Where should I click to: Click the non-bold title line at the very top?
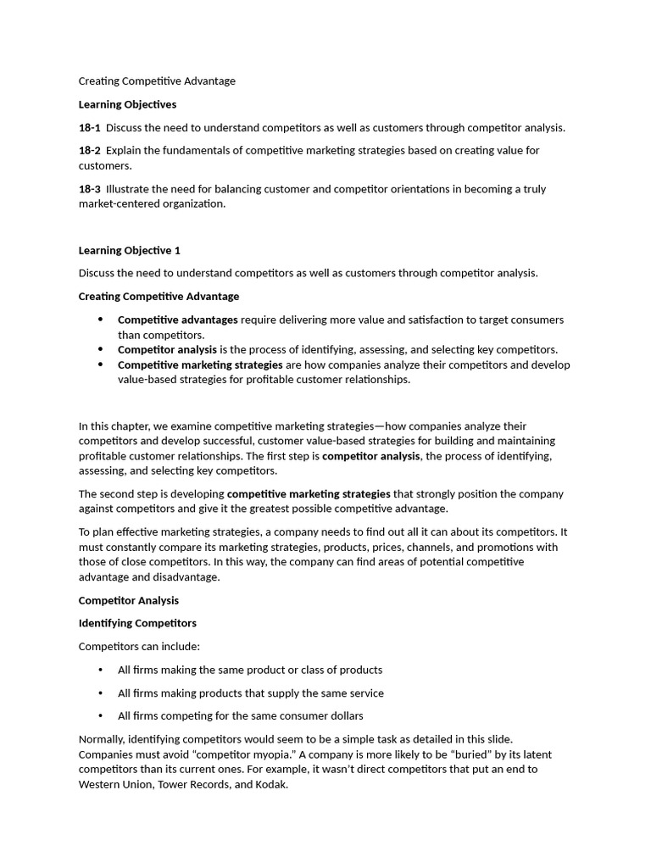click(x=157, y=81)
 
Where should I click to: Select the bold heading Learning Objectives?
click(x=127, y=104)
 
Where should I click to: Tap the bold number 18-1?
click(x=89, y=128)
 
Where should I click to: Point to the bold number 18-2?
click(x=89, y=151)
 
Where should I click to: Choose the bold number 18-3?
click(x=89, y=189)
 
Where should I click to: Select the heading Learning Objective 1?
click(x=129, y=251)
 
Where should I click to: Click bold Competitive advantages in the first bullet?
click(x=177, y=320)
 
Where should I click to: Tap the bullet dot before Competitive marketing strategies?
click(x=100, y=364)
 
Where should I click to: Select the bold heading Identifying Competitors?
click(x=137, y=624)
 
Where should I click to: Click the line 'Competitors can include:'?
click(x=139, y=647)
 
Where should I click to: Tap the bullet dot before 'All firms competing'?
click(x=100, y=716)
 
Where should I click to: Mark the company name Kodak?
click(x=270, y=785)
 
